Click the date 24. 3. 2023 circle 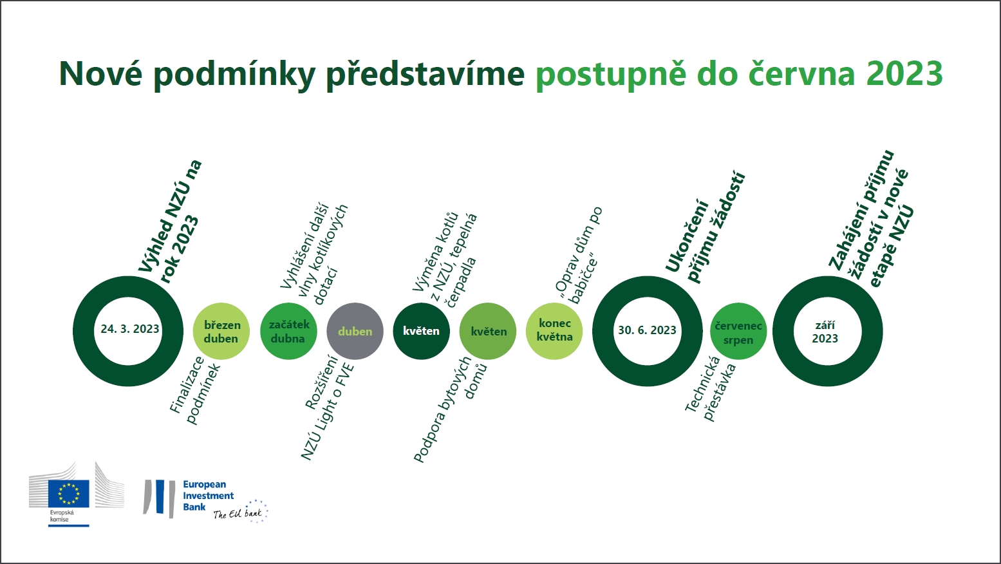tap(84, 331)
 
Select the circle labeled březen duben tap(221, 331)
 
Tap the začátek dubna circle tap(288, 331)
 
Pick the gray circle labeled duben tap(355, 331)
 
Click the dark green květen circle tap(422, 331)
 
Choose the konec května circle tap(554, 331)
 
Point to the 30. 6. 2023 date tap(647, 330)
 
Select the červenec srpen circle tap(738, 331)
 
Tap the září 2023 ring tap(783, 331)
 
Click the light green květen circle tap(488, 331)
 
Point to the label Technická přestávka tap(710, 388)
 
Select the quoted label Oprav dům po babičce tap(579, 255)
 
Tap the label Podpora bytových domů tap(450, 409)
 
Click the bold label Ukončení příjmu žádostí tap(705, 227)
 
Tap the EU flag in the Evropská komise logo tap(69, 493)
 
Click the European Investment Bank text tap(208, 496)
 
